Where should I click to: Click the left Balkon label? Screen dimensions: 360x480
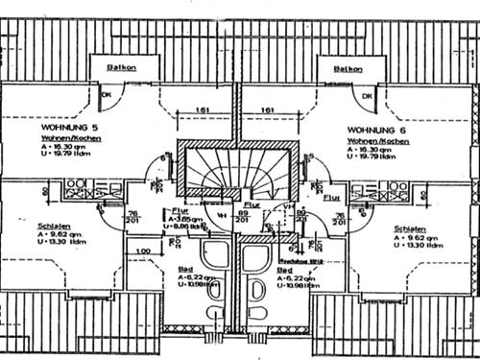point(121,69)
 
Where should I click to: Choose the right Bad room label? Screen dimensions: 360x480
point(284,271)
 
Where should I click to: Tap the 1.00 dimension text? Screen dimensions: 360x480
point(142,252)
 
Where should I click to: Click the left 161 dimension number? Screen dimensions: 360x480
point(202,110)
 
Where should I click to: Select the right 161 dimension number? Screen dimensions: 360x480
point(268,110)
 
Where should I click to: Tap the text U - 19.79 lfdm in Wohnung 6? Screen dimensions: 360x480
point(369,158)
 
